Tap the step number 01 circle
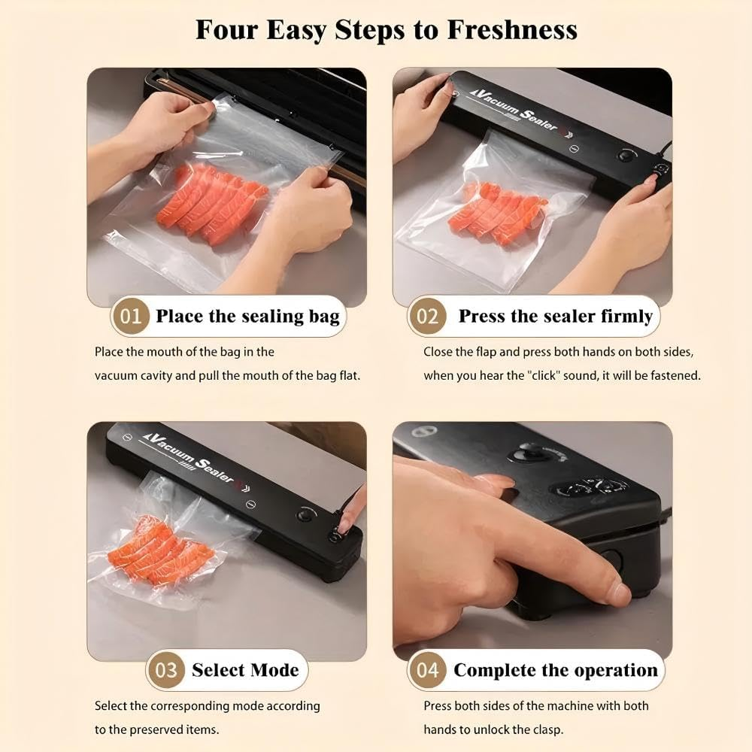[130, 316]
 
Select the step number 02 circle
[427, 316]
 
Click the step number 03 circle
[165, 670]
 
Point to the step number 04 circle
[427, 670]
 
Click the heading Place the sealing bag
[247, 316]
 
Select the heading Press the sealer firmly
[555, 316]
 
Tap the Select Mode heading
[245, 670]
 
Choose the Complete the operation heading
[555, 670]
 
